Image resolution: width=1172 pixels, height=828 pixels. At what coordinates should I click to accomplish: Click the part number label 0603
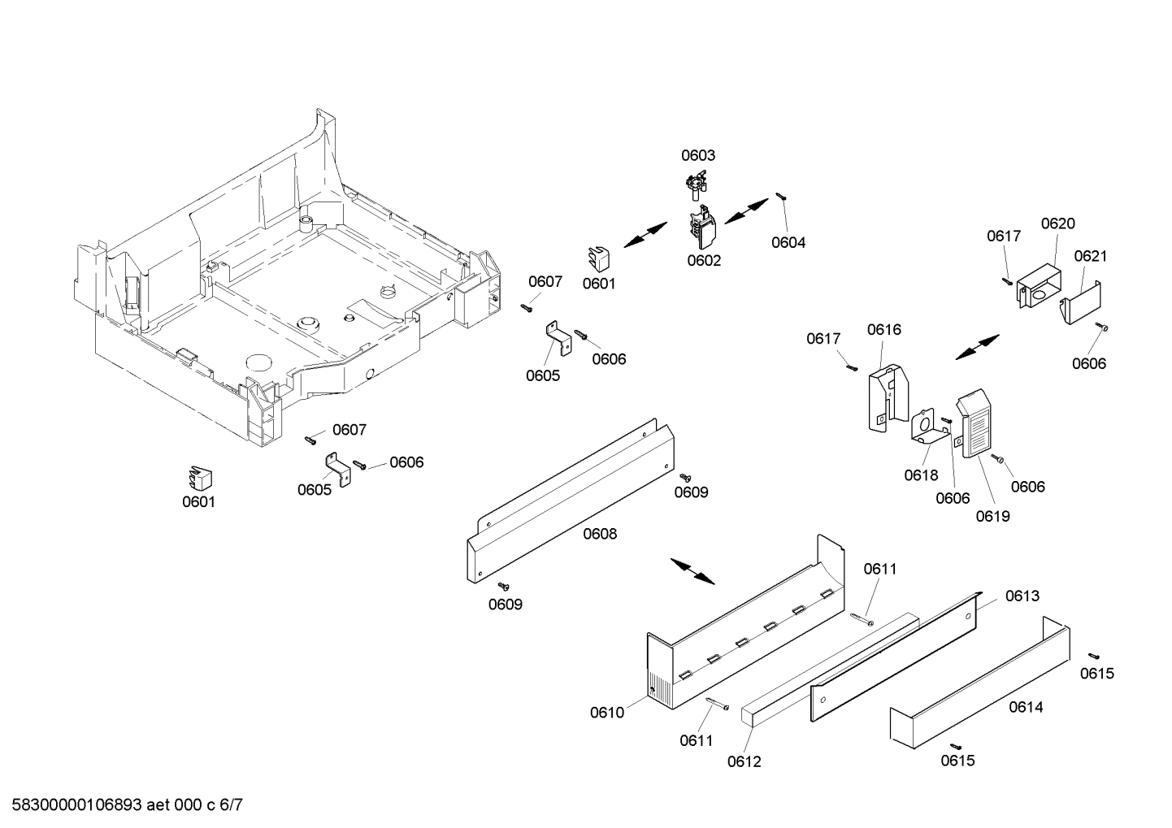tap(697, 155)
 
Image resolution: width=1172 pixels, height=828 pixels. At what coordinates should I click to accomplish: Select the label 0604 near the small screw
tap(788, 242)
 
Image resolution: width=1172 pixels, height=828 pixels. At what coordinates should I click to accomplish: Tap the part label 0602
tap(704, 261)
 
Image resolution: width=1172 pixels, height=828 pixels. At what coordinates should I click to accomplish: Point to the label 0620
tap(1057, 223)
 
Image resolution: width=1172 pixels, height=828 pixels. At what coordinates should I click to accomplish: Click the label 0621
tap(1090, 256)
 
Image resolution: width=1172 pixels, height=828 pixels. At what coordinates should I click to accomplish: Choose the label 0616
tap(883, 329)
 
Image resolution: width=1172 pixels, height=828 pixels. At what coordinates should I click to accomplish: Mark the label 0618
tap(921, 475)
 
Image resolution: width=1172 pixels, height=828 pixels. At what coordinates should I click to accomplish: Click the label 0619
tap(992, 516)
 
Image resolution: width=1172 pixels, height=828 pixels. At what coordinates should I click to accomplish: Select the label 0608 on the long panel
tap(600, 534)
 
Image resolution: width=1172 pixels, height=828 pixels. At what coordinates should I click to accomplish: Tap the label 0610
tap(607, 713)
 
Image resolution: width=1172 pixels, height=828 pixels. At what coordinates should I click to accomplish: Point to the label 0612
tap(744, 761)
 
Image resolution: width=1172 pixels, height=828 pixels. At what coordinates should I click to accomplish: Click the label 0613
tap(1022, 596)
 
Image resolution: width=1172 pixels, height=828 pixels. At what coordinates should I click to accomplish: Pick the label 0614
tap(1026, 707)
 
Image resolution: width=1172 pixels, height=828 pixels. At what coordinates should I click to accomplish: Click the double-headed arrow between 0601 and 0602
tap(647, 236)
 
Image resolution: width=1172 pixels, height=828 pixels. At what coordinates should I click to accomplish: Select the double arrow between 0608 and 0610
tap(692, 571)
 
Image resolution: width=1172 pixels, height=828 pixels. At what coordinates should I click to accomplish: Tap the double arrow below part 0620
tap(977, 347)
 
